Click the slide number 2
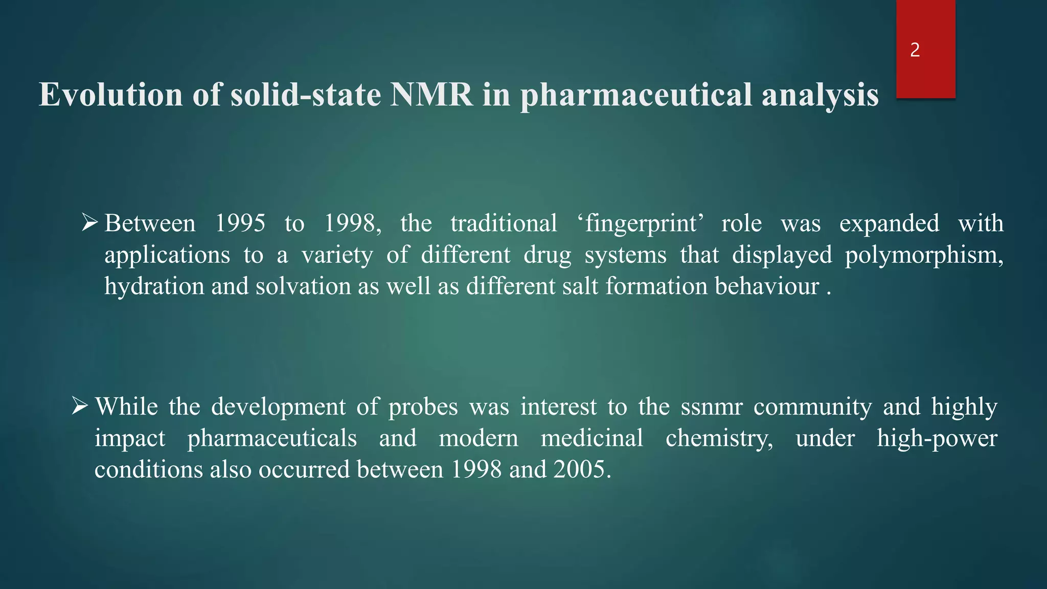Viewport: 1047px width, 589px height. point(915,50)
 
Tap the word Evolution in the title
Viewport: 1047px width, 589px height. point(110,95)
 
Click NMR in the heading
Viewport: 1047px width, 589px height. point(431,95)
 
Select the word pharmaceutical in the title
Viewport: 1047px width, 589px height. point(636,96)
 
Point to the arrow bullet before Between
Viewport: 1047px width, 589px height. point(89,223)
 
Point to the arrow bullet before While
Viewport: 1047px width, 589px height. point(80,406)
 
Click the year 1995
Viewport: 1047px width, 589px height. point(240,223)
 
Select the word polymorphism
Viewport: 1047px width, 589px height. point(923,255)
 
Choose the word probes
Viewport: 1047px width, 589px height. point(423,407)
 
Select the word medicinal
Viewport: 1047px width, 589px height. point(591,439)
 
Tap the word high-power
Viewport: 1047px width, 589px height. point(937,439)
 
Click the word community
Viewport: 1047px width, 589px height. point(812,407)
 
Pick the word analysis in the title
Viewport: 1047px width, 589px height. point(820,96)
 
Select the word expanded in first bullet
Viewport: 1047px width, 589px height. point(889,223)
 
